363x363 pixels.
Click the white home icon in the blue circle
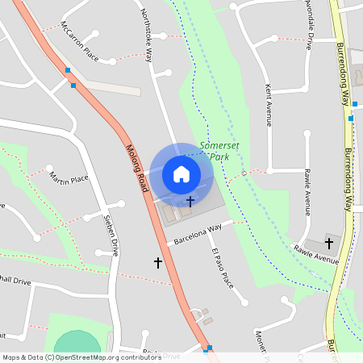181,173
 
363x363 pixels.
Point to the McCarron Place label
80,47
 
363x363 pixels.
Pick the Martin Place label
69,177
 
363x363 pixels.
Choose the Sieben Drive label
111,236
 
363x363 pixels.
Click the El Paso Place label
222,269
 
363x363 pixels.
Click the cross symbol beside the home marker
190,201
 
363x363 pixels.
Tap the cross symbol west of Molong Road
158,262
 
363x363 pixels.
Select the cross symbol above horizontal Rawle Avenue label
328,242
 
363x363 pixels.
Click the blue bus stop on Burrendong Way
352,118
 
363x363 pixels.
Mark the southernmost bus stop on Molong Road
210,348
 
